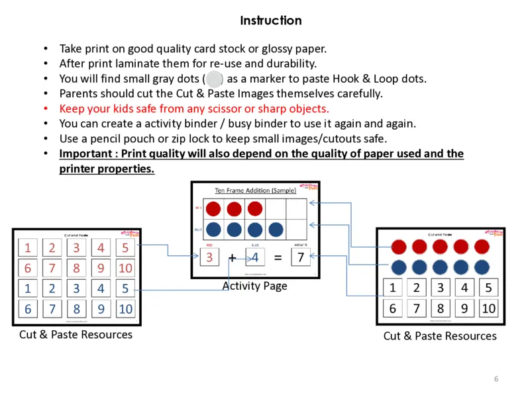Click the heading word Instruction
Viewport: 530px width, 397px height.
coord(271,21)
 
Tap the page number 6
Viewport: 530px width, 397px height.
coord(496,378)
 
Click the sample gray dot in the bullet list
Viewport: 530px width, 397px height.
coord(214,79)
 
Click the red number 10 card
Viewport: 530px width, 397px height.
coord(126,269)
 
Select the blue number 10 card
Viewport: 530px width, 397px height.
coord(126,308)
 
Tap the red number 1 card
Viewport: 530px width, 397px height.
coord(28,248)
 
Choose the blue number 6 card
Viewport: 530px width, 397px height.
coord(28,308)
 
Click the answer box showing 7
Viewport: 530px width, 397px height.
coord(301,257)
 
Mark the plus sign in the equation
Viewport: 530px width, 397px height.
coord(233,257)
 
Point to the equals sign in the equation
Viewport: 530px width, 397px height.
coord(278,257)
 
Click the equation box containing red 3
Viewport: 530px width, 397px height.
coord(209,257)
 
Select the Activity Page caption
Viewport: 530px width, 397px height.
coord(254,286)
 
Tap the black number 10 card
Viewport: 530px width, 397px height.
coord(488,308)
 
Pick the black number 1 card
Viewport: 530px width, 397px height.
coord(393,288)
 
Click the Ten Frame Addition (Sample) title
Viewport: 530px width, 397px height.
coord(255,191)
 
